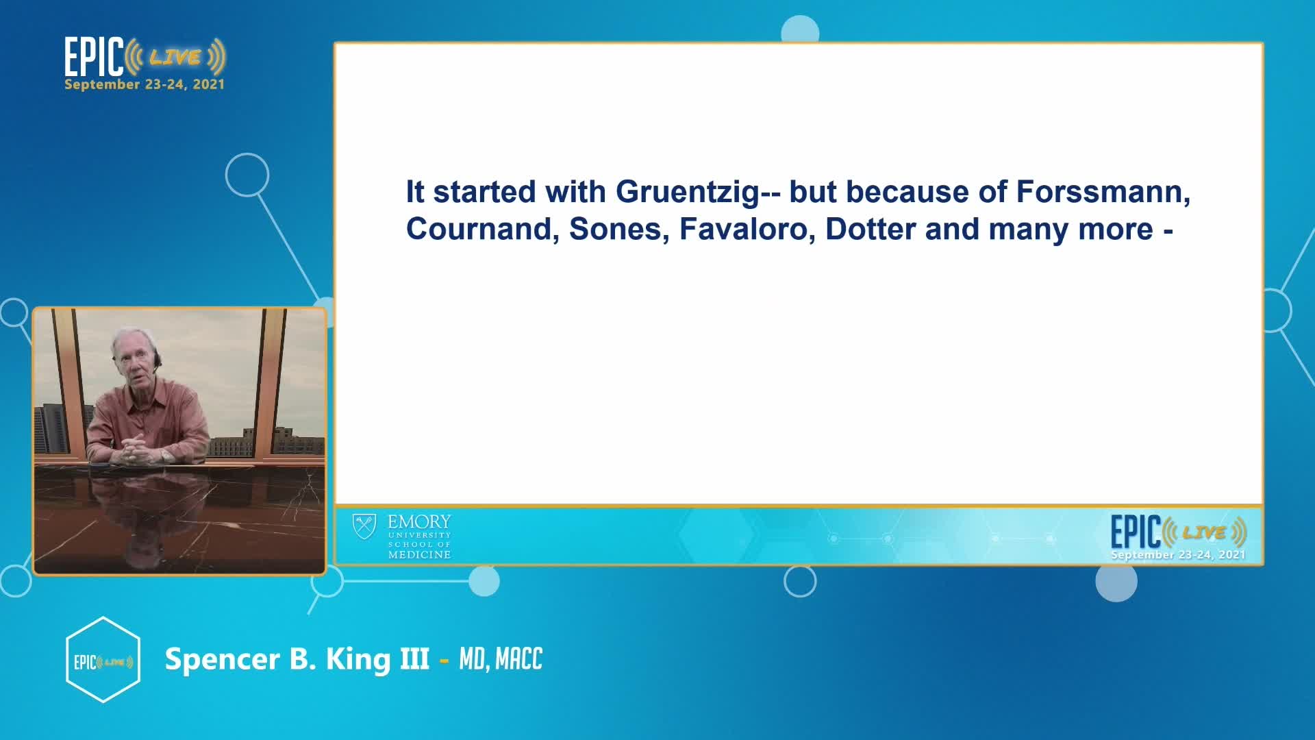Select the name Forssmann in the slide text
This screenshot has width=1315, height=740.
(x=1103, y=192)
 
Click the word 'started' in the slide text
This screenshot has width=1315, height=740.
(x=484, y=192)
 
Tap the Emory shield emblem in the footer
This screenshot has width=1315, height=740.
(x=364, y=527)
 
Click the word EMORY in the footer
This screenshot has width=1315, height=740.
(x=419, y=521)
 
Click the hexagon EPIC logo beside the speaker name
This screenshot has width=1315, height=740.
(x=103, y=660)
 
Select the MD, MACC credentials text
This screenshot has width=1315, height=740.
(x=501, y=659)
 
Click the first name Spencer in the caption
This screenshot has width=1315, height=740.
(x=223, y=659)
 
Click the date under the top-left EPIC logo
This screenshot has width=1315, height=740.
(x=145, y=84)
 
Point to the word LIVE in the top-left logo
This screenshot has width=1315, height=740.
(x=175, y=58)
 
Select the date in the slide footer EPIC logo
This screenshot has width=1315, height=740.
(x=1178, y=554)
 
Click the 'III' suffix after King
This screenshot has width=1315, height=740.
(x=414, y=659)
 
